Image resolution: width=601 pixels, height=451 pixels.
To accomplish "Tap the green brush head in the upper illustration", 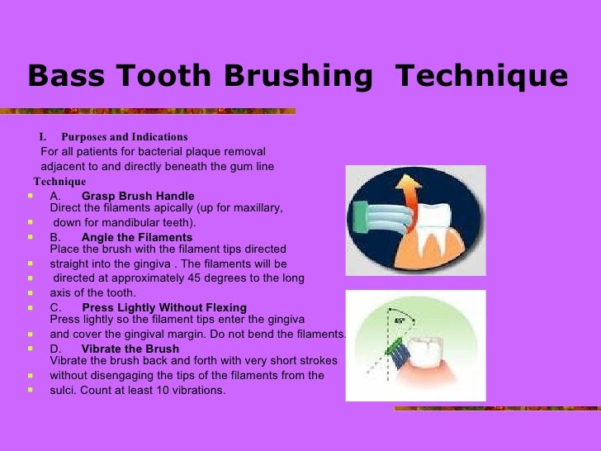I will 361,221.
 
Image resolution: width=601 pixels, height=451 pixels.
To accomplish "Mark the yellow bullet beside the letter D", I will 30,349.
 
